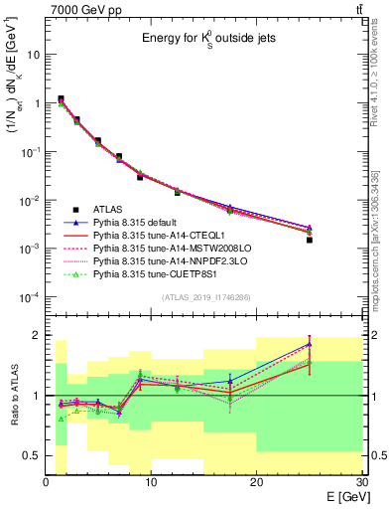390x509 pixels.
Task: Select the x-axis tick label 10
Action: click(151, 481)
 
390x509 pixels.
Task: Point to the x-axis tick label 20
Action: click(256, 481)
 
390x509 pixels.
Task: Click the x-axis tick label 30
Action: click(360, 481)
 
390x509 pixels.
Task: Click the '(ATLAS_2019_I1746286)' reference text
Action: click(205, 297)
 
